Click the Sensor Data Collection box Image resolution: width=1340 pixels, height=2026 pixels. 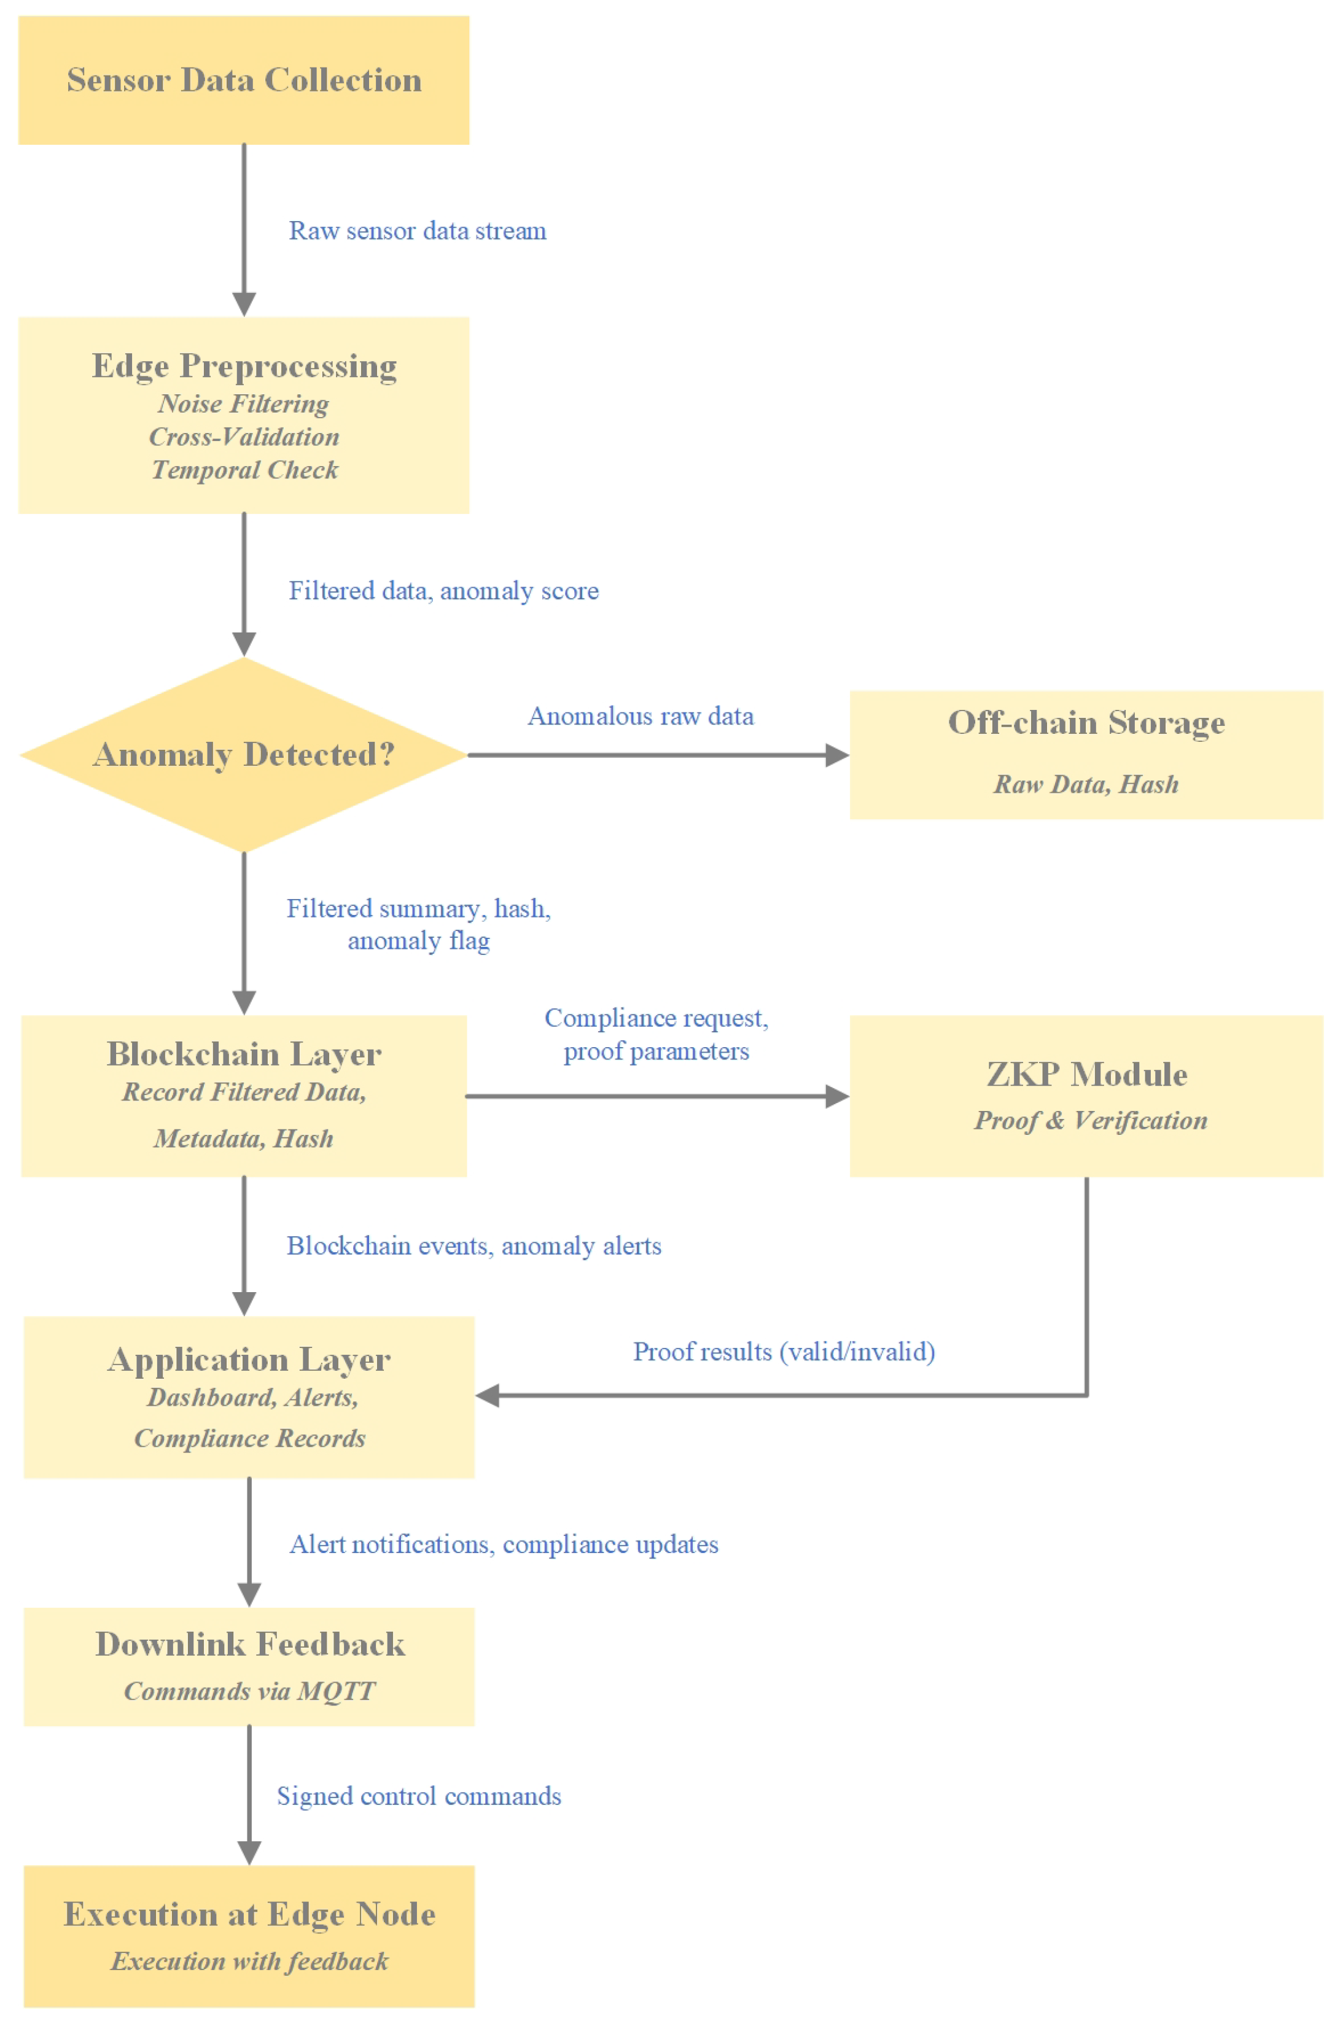(244, 80)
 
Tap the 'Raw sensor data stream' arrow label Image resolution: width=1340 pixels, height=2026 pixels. (417, 231)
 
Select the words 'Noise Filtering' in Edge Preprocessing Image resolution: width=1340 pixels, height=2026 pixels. (244, 403)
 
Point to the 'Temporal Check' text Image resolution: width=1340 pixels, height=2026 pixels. (244, 470)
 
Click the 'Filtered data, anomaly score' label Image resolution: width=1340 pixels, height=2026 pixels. (443, 590)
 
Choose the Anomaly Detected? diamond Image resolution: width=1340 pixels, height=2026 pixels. (244, 755)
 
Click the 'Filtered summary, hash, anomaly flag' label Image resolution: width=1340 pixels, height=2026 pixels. (419, 924)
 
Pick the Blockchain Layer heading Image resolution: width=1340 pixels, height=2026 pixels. (244, 1054)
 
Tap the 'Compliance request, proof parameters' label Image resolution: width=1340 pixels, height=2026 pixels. (656, 1034)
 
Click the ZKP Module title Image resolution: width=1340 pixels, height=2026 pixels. (1086, 1074)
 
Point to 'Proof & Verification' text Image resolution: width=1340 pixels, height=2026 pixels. (1091, 1120)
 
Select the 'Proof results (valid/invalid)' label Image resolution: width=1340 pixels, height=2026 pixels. (784, 1352)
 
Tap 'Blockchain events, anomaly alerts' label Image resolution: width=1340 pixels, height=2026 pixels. (473, 1246)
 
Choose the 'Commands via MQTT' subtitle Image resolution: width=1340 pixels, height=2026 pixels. (249, 1691)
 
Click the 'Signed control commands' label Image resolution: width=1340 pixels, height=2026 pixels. (419, 1796)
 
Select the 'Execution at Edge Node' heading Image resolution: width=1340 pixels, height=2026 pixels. (249, 1914)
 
